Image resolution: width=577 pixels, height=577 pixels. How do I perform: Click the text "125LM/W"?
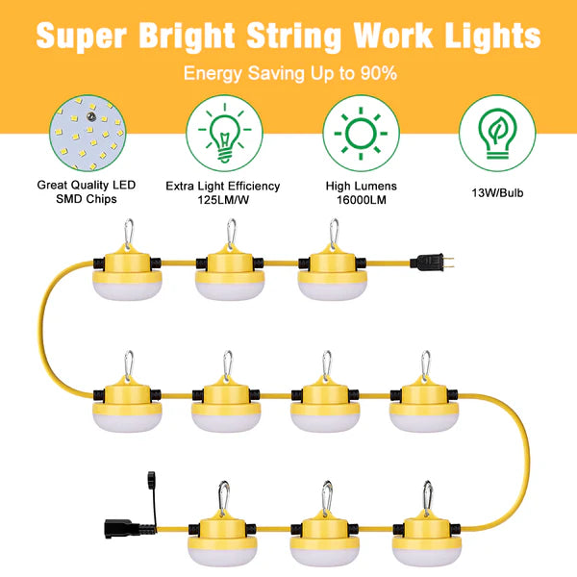coord(222,200)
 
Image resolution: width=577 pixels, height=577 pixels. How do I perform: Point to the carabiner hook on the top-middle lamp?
coord(230,234)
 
